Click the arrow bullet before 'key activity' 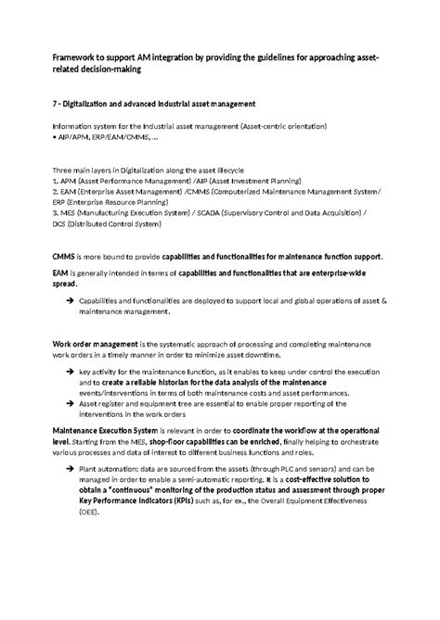(x=71, y=371)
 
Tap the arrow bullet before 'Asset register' (x=71, y=403)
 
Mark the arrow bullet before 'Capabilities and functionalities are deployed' (x=71, y=302)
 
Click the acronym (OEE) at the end (x=91, y=512)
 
